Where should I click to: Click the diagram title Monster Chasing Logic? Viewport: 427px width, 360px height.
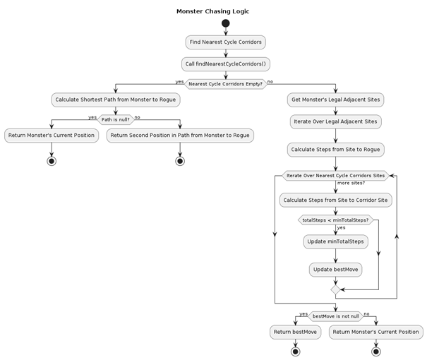coord(212,11)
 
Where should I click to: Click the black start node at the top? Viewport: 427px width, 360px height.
coord(225,24)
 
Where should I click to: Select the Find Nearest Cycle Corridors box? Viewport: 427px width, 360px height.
coord(225,42)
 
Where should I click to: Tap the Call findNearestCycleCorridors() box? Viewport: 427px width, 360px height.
coord(225,64)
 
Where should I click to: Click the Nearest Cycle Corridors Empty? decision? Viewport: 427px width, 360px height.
coord(225,84)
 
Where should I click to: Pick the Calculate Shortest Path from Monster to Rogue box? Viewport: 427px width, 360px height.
coord(114,100)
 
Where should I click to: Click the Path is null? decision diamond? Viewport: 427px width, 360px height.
coord(114,119)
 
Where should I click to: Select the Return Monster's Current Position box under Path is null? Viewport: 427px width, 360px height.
coord(51,135)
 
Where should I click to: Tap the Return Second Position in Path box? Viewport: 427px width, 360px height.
coord(179,135)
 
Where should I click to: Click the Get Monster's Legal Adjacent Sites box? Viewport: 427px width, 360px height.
coord(335,100)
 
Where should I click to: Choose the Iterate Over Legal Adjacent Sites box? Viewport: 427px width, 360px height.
coord(335,121)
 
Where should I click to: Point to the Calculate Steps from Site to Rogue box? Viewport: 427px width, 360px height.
coord(335,149)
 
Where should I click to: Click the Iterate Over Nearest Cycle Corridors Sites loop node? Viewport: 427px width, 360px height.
coord(335,175)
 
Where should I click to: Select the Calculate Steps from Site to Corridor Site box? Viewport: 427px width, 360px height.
coord(335,200)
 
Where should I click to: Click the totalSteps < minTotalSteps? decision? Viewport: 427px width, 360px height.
coord(335,220)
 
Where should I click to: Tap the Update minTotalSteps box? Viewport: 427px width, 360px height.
coord(335,241)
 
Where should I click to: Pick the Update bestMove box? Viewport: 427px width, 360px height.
coord(335,269)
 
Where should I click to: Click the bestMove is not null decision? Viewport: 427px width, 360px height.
coord(335,316)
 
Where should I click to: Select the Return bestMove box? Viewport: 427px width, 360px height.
coord(294,331)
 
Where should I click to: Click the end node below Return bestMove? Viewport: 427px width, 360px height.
coord(294,351)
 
